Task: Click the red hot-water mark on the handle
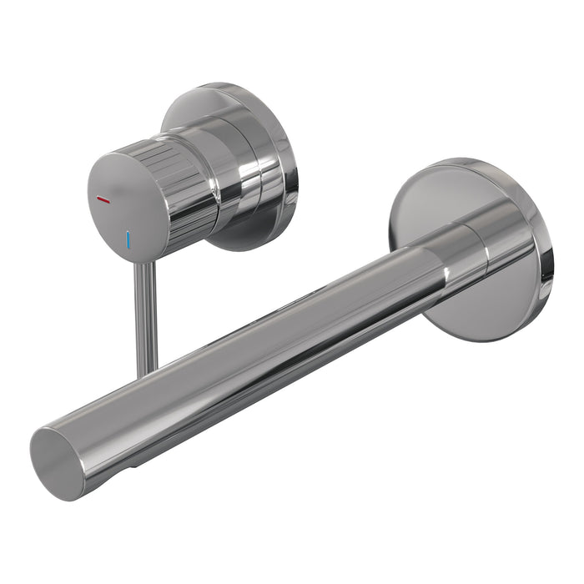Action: pyautogui.click(x=104, y=201)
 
